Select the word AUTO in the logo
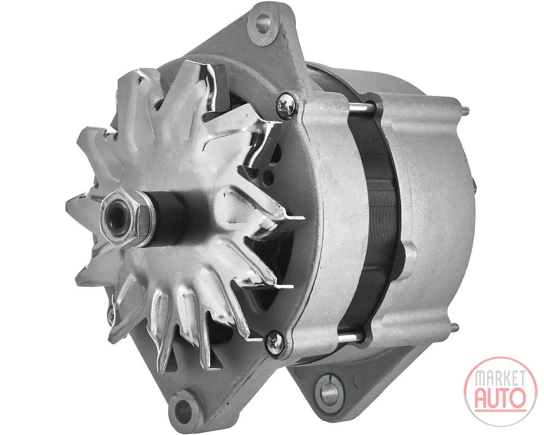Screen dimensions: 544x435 tap(501, 399)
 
